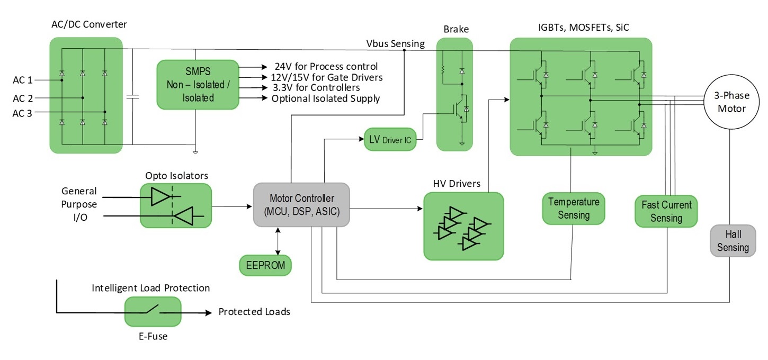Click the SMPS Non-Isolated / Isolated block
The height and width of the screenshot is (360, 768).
coord(198,85)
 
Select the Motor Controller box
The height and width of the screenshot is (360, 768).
coord(301,205)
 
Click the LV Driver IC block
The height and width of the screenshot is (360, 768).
coord(390,140)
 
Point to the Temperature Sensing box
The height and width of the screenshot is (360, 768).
coord(573,208)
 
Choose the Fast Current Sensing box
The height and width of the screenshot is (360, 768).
coord(666,211)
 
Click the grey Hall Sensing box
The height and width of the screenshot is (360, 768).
coord(733,241)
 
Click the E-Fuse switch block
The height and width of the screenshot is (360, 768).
coord(153,311)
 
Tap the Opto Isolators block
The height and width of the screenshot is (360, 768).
coord(175,206)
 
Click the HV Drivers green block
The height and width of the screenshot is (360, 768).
coord(463,226)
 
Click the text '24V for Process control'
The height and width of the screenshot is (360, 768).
coord(326,67)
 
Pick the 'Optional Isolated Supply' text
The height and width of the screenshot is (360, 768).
coord(325,98)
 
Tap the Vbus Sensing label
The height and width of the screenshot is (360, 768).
coord(395,43)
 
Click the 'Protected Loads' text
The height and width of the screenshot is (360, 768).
coord(254,312)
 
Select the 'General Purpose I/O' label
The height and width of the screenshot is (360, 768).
coord(79,204)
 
